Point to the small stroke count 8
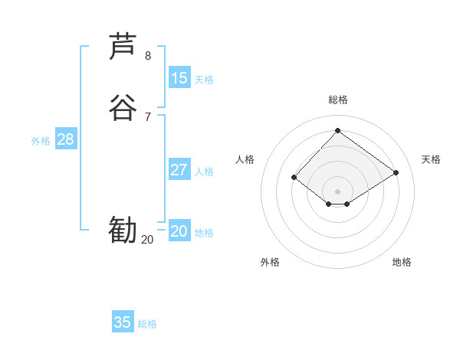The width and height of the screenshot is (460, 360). (x=148, y=56)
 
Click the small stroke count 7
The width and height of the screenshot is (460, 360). (x=148, y=116)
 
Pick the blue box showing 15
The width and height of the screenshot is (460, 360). (x=179, y=78)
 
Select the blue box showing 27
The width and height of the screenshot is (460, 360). (x=179, y=170)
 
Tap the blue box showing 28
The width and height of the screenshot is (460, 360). (x=65, y=139)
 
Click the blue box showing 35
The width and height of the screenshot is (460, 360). (x=123, y=322)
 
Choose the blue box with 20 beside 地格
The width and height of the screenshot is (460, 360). (x=179, y=231)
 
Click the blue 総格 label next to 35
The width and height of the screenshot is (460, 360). (x=147, y=324)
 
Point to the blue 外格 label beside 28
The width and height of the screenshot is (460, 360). (x=41, y=141)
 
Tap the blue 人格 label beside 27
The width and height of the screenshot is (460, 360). (x=204, y=172)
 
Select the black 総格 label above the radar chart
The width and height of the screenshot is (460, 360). (x=337, y=100)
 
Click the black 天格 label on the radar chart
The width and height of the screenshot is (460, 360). (x=431, y=159)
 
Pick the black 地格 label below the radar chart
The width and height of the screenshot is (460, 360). (x=402, y=262)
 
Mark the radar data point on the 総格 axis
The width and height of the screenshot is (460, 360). (x=337, y=130)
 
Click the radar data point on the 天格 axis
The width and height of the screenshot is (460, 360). (x=396, y=172)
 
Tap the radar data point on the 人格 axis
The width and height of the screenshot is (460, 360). (x=294, y=178)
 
